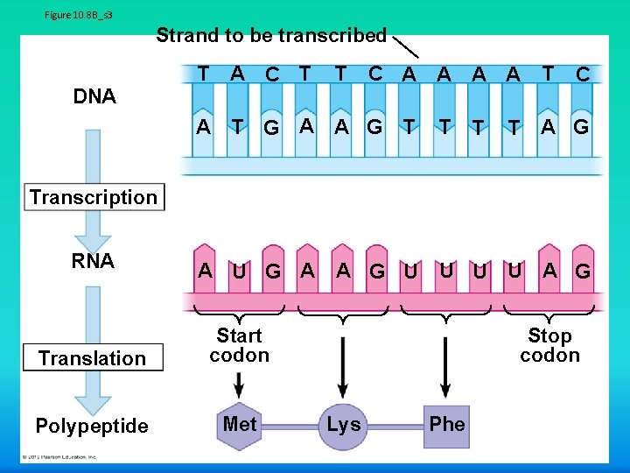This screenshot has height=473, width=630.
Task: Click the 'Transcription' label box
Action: (93, 197)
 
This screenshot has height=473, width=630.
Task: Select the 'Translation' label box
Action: (92, 358)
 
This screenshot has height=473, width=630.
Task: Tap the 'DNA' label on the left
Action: (94, 96)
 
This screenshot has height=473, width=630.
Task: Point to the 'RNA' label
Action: (93, 261)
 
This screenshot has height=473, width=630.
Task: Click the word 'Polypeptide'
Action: (92, 427)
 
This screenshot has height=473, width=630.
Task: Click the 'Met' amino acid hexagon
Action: (240, 425)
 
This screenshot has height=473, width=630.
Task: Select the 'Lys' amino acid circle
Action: (343, 425)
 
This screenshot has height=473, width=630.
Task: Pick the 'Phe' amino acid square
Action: (447, 425)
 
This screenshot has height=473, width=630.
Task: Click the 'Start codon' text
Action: (239, 345)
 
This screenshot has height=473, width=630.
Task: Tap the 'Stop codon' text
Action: (549, 345)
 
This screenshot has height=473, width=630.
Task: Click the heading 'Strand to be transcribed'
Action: (270, 36)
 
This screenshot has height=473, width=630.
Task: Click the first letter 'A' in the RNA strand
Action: (205, 270)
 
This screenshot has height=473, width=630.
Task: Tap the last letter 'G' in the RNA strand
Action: (582, 272)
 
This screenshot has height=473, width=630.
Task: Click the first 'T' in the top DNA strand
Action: (203, 74)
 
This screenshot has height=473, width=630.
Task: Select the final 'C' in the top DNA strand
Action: (582, 75)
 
